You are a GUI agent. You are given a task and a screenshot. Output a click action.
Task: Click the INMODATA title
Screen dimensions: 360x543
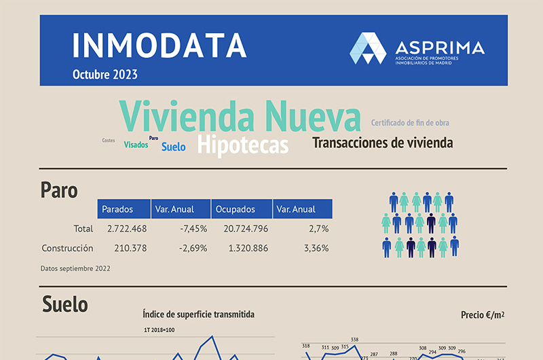coord(160,45)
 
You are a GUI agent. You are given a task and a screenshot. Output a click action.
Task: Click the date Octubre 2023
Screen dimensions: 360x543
coord(105,74)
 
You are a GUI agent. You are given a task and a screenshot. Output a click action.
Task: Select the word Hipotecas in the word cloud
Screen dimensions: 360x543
coord(243,145)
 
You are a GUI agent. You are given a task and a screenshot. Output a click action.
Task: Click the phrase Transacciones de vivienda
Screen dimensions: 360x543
coord(382,143)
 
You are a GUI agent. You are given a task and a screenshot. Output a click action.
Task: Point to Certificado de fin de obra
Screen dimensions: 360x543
coord(410,123)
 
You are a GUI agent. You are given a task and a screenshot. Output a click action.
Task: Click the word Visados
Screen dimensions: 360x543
coord(136,145)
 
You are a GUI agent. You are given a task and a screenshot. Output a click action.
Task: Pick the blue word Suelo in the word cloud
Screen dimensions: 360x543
coord(173,146)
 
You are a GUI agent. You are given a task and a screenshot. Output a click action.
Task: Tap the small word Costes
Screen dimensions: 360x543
coord(109,141)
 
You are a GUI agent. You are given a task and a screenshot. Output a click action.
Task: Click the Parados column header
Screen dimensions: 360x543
coord(117,209)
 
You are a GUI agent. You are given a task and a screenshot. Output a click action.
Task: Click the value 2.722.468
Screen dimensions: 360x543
coord(127,229)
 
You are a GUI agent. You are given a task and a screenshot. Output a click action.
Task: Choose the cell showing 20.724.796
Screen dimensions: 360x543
coord(246,229)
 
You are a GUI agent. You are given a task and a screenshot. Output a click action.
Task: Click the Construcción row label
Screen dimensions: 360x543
coord(67,248)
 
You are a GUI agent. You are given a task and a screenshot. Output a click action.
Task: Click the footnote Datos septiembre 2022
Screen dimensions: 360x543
coord(75,268)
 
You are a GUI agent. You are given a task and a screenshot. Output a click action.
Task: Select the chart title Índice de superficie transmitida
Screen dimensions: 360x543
coord(199,314)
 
